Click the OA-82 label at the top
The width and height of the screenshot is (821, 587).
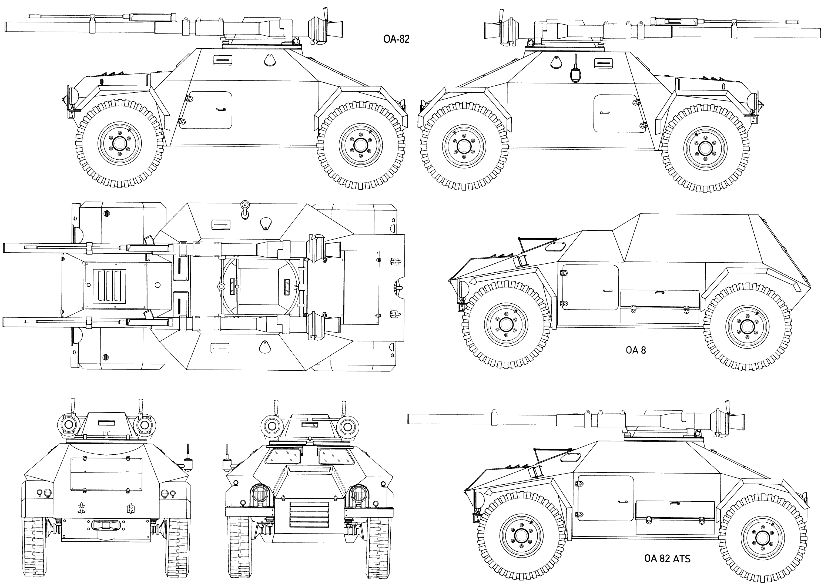[396, 39]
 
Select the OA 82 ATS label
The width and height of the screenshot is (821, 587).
[667, 558]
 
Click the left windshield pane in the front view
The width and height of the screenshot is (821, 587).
[283, 456]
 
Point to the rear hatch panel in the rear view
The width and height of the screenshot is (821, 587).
[106, 474]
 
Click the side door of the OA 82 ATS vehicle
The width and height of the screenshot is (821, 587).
[605, 498]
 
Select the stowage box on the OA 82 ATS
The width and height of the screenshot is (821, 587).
[675, 517]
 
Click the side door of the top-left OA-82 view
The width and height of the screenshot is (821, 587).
[205, 110]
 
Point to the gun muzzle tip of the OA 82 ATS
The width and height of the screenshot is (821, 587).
[409, 418]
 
